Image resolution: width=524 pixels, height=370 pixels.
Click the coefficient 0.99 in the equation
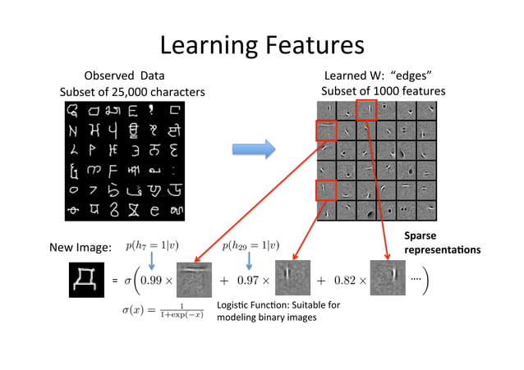pos(156,280)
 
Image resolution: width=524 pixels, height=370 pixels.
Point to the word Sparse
pos(421,236)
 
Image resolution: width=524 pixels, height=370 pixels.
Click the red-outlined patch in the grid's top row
pos(367,110)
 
